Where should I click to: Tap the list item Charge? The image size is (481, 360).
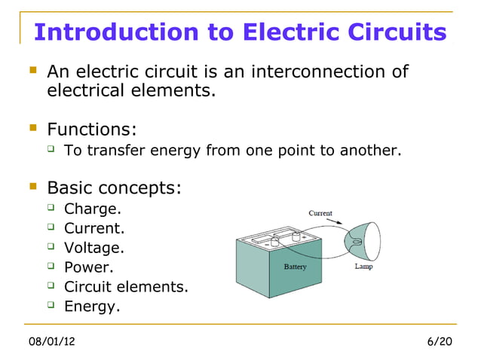click(93, 209)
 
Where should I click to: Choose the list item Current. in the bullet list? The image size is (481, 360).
click(94, 228)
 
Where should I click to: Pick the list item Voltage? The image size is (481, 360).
click(94, 248)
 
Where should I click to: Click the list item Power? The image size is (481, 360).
click(90, 267)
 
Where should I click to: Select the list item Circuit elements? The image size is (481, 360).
click(126, 287)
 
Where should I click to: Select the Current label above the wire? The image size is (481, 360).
click(320, 213)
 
